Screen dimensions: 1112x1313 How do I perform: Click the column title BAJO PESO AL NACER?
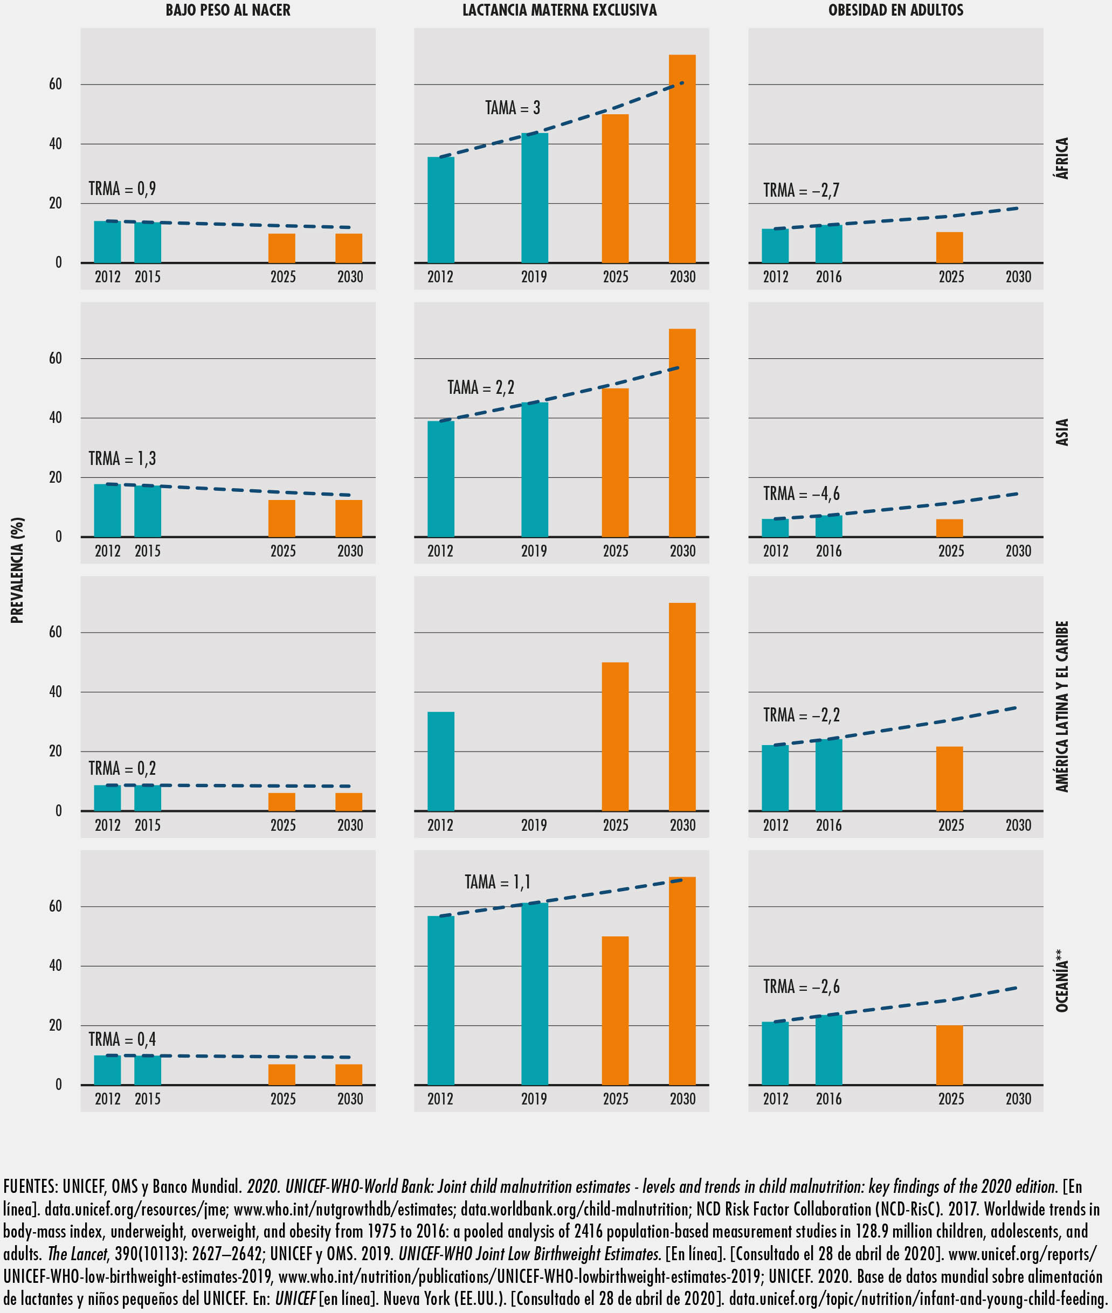pyautogui.click(x=227, y=10)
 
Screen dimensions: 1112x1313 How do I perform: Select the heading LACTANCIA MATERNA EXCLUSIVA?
pyautogui.click(x=560, y=10)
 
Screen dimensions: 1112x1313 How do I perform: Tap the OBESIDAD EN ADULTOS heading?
pyautogui.click(x=896, y=10)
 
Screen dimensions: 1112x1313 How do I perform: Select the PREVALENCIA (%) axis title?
pyautogui.click(x=17, y=570)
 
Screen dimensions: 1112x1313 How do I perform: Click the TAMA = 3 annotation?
pyautogui.click(x=513, y=108)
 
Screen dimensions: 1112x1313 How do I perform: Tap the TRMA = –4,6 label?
pyautogui.click(x=801, y=494)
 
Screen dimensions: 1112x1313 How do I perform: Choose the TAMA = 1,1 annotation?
pyautogui.click(x=498, y=881)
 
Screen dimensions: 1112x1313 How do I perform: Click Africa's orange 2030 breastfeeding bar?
pyautogui.click(x=682, y=159)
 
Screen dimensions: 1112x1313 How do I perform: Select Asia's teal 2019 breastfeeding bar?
pyautogui.click(x=535, y=469)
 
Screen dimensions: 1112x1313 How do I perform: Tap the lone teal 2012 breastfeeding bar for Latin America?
pyautogui.click(x=440, y=761)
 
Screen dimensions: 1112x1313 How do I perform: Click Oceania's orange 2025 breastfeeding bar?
pyautogui.click(x=615, y=1011)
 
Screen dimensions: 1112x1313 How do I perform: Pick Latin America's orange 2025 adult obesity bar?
pyautogui.click(x=949, y=779)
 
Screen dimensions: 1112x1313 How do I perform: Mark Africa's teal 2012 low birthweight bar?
pyautogui.click(x=107, y=242)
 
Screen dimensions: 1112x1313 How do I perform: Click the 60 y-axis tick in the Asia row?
pyautogui.click(x=56, y=358)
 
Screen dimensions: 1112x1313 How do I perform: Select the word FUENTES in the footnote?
pyautogui.click(x=30, y=1187)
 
